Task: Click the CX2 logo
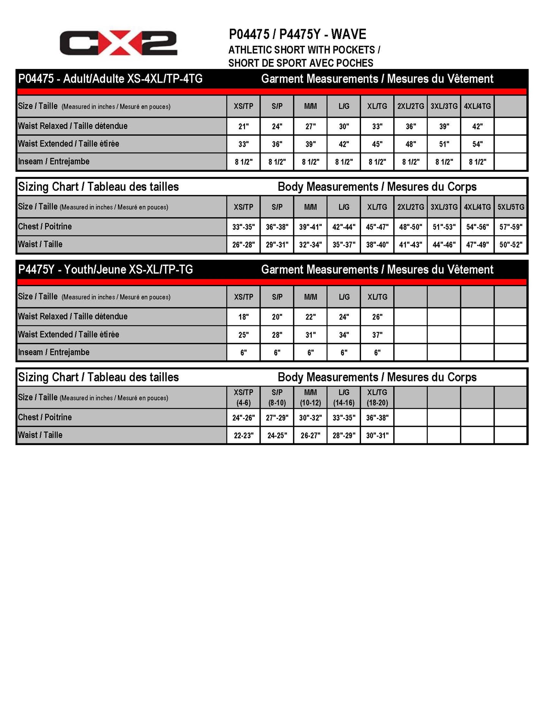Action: [118, 43]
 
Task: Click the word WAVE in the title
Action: [349, 35]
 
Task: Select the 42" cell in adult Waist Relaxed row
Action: [477, 127]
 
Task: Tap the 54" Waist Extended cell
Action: [477, 144]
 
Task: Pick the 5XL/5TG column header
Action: [511, 207]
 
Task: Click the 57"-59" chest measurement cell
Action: [511, 227]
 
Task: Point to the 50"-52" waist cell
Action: [511, 245]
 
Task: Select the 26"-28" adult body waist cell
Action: [243, 245]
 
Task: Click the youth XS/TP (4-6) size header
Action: [243, 397]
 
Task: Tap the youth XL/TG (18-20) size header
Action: [377, 397]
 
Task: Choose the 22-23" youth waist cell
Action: [243, 436]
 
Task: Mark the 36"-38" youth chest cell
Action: [377, 418]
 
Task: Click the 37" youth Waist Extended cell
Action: [377, 335]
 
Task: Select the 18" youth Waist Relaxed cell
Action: [243, 317]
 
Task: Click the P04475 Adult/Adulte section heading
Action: [110, 79]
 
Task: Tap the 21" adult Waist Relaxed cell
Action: [243, 127]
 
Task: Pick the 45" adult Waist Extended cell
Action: [377, 144]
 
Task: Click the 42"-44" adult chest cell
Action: [344, 227]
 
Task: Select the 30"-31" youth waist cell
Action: [377, 436]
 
